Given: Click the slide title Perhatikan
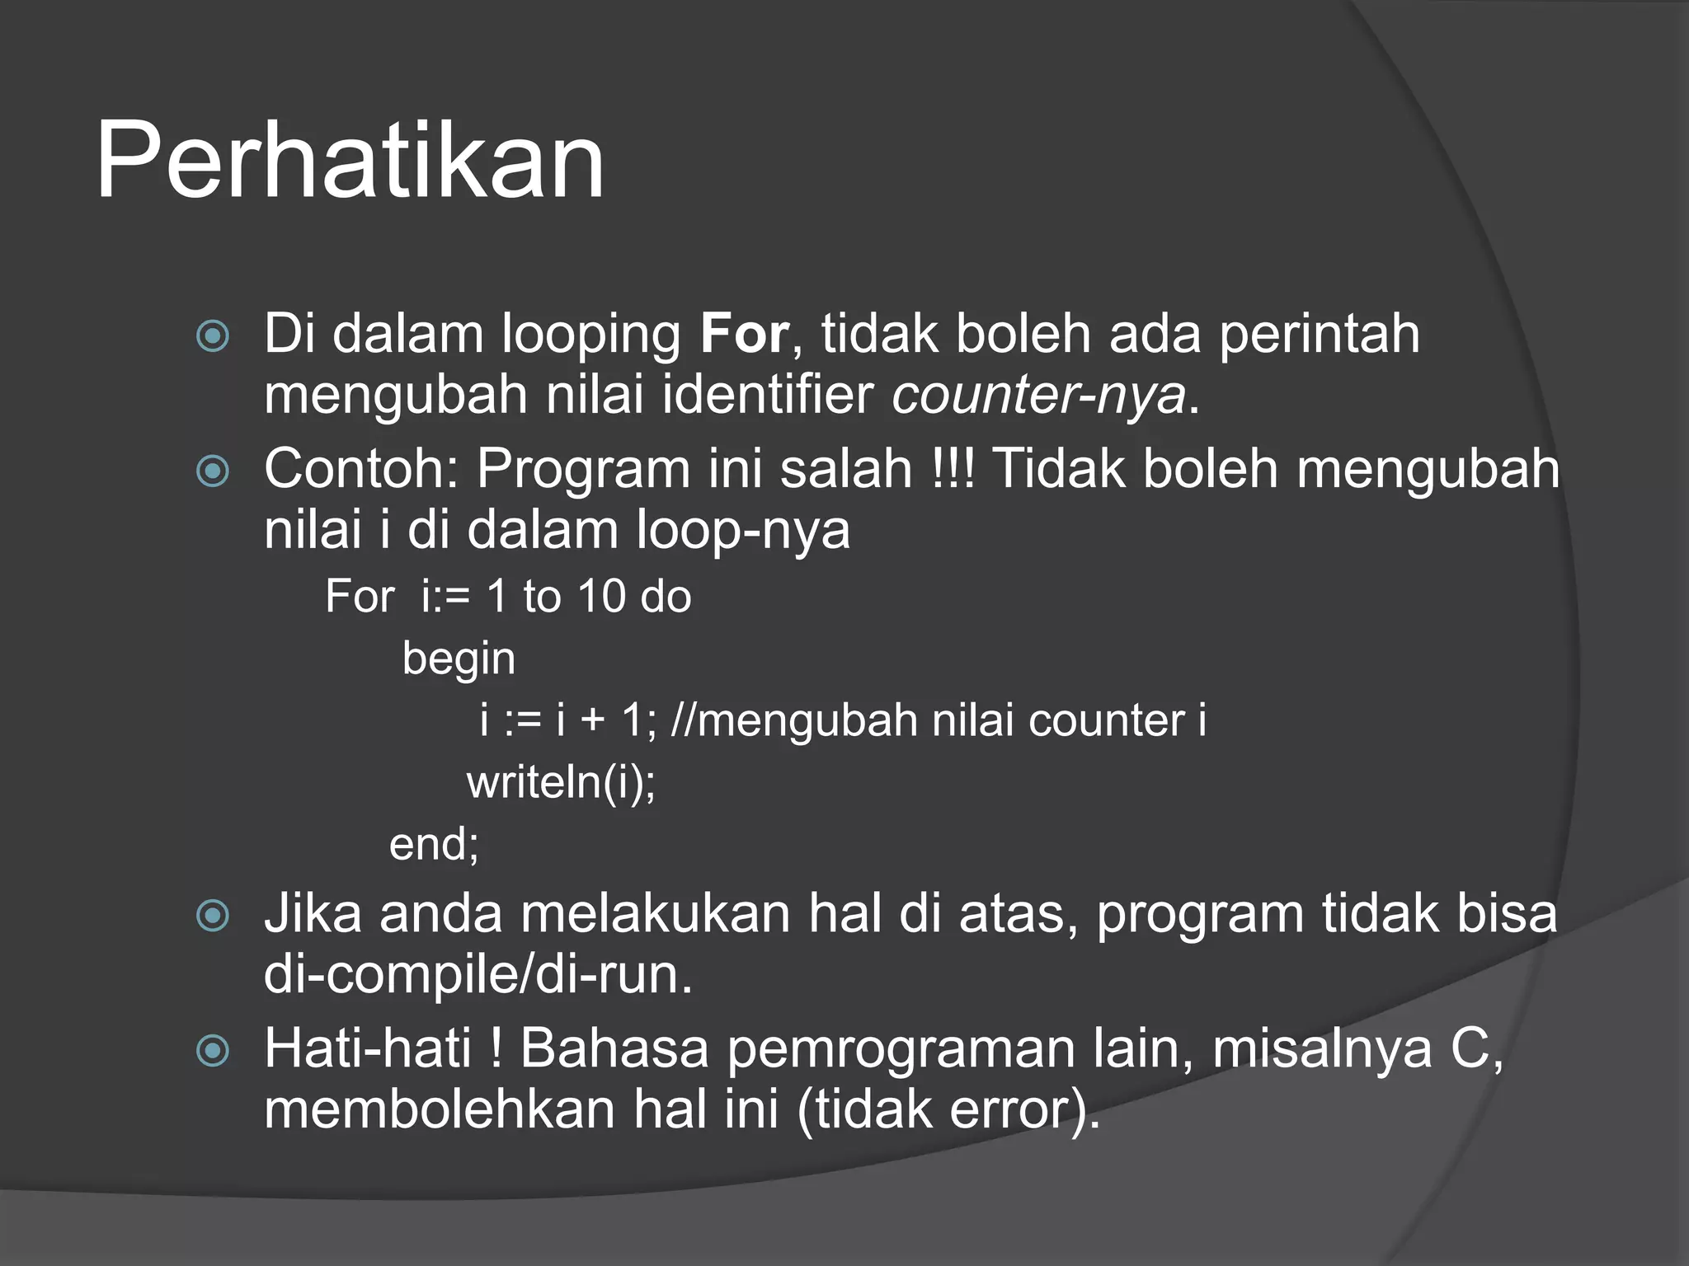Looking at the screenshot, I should point(351,161).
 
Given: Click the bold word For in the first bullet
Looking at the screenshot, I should point(744,335).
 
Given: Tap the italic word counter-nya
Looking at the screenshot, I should point(1037,396).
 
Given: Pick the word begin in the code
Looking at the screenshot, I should point(459,659).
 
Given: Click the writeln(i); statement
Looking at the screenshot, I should point(561,781).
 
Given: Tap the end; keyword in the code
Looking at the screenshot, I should point(434,844).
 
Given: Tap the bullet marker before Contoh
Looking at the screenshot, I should point(213,471).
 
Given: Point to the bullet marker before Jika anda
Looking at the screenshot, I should point(213,916).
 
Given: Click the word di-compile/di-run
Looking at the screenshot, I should point(478,975).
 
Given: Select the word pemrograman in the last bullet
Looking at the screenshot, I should point(902,1049).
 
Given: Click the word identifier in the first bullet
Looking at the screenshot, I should point(767,396).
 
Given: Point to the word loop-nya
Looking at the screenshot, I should point(742,530).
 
